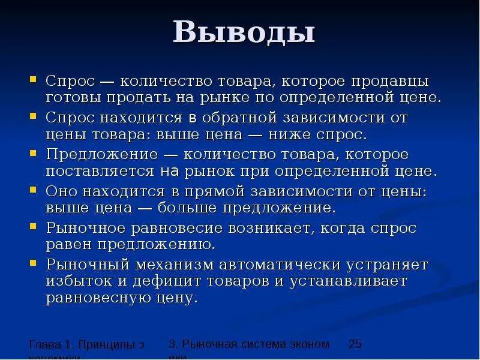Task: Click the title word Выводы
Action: point(244,32)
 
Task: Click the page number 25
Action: point(355,344)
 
